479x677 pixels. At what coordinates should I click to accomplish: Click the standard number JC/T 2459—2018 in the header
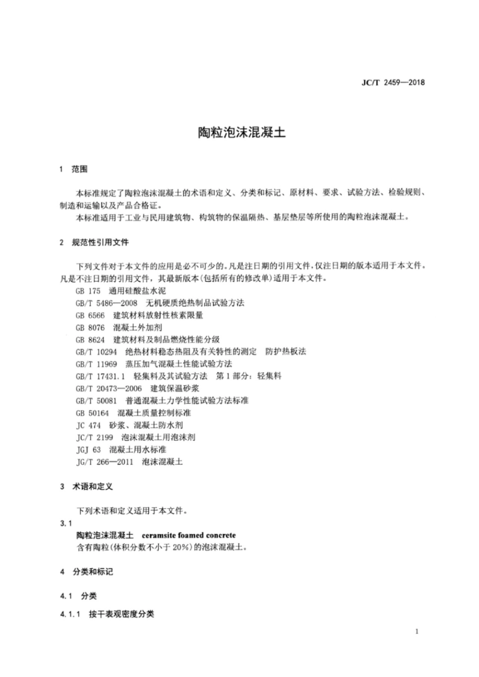(x=393, y=83)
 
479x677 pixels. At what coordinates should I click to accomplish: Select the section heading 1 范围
(x=73, y=169)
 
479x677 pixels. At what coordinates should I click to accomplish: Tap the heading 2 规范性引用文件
(x=94, y=242)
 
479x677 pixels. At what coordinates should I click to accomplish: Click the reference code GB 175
(x=88, y=291)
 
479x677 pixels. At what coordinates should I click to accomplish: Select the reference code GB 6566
(x=90, y=315)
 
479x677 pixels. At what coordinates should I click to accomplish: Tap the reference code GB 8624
(x=90, y=340)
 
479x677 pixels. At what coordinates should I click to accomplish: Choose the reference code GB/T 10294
(x=96, y=352)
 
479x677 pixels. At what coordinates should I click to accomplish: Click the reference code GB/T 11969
(x=96, y=364)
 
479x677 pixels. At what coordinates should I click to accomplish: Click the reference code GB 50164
(x=92, y=413)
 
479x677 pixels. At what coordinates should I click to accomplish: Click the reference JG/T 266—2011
(x=104, y=461)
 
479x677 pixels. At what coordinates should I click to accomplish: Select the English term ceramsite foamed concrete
(x=189, y=535)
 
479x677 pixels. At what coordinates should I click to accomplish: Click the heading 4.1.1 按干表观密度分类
(x=107, y=614)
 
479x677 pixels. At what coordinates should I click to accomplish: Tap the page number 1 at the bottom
(x=417, y=632)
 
